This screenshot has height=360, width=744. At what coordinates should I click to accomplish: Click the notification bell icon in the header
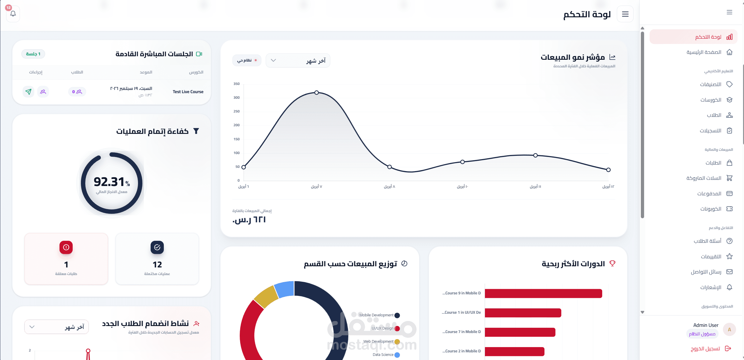click(13, 14)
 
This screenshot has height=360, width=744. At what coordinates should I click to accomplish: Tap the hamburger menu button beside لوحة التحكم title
click(625, 14)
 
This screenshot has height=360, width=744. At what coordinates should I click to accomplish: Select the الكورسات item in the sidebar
click(711, 100)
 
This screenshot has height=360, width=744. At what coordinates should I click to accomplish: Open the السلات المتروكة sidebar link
click(704, 178)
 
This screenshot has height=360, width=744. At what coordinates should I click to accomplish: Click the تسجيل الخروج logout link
click(705, 349)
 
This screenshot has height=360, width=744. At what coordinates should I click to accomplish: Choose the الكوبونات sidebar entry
click(711, 209)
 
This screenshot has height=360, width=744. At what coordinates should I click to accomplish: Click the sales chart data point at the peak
click(316, 93)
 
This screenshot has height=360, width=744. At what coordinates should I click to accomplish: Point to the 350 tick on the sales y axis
click(236, 84)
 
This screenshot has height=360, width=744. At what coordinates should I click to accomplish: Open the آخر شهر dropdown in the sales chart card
click(298, 61)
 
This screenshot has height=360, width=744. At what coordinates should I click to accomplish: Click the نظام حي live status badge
click(247, 60)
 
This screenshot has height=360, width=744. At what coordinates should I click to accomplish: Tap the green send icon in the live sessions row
click(28, 92)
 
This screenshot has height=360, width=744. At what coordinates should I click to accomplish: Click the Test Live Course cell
click(188, 92)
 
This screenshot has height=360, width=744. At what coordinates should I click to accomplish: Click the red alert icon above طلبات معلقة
click(66, 247)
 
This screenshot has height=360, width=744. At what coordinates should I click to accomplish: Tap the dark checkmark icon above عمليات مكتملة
click(157, 247)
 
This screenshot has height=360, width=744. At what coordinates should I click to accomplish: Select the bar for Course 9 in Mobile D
click(543, 294)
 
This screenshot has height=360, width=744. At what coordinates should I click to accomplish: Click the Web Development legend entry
click(378, 342)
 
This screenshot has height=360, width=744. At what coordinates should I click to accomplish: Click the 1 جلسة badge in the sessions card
click(33, 54)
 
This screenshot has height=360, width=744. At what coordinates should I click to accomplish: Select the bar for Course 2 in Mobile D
click(515, 351)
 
